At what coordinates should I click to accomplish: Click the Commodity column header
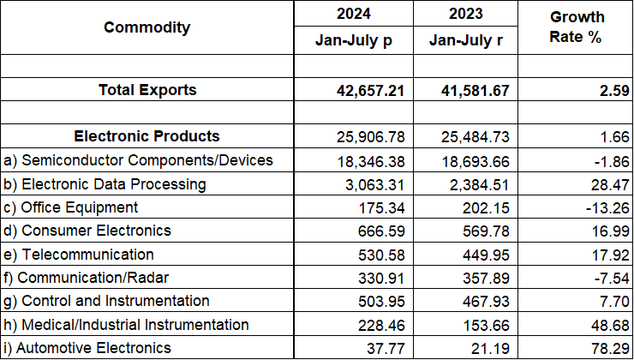click(147, 27)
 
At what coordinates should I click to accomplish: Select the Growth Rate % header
click(577, 28)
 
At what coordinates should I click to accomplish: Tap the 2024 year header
click(353, 14)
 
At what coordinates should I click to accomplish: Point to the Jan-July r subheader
click(466, 40)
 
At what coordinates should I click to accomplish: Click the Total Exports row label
click(147, 90)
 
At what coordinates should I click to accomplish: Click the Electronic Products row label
click(147, 136)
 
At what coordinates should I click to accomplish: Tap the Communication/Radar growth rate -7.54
click(612, 278)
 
